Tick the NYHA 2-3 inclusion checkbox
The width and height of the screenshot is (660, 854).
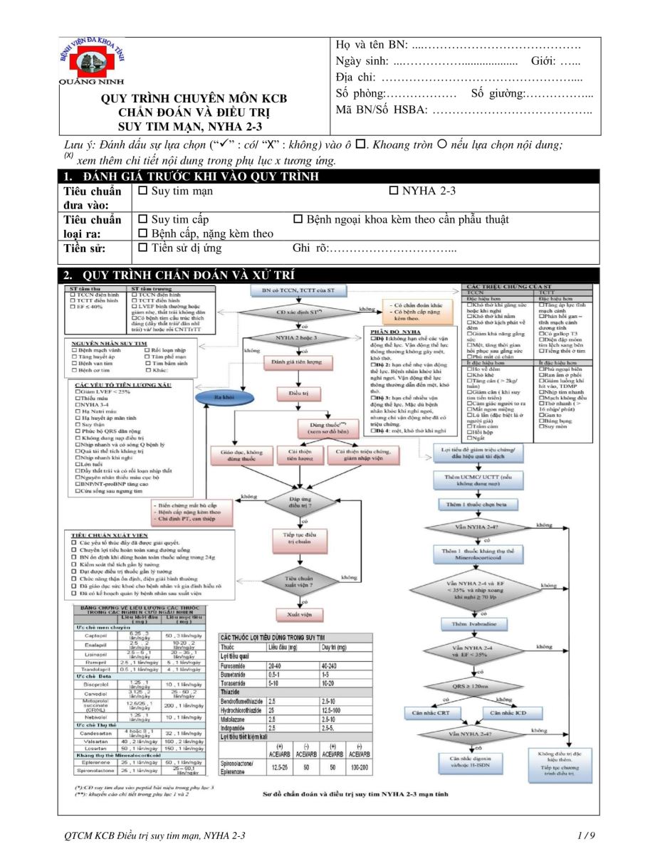coord(395,191)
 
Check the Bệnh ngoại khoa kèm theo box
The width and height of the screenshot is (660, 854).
coord(298,220)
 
